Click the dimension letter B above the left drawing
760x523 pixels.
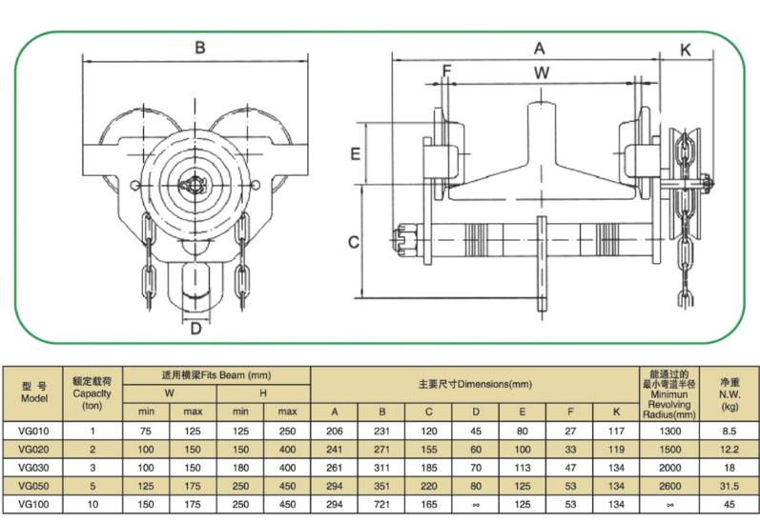[199, 47]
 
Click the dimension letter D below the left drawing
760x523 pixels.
[195, 330]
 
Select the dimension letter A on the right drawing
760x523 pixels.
[539, 47]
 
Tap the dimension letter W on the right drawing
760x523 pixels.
[541, 72]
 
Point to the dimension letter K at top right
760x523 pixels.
[686, 49]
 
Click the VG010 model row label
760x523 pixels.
[33, 430]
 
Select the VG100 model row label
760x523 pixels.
[33, 502]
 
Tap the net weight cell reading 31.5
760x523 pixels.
[729, 484]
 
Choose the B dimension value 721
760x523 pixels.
[382, 502]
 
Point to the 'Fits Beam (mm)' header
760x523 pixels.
[216, 375]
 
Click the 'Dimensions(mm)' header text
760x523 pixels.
[474, 385]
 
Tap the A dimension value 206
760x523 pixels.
[335, 430]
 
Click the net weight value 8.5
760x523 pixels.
[729, 430]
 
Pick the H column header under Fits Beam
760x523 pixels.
[263, 392]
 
